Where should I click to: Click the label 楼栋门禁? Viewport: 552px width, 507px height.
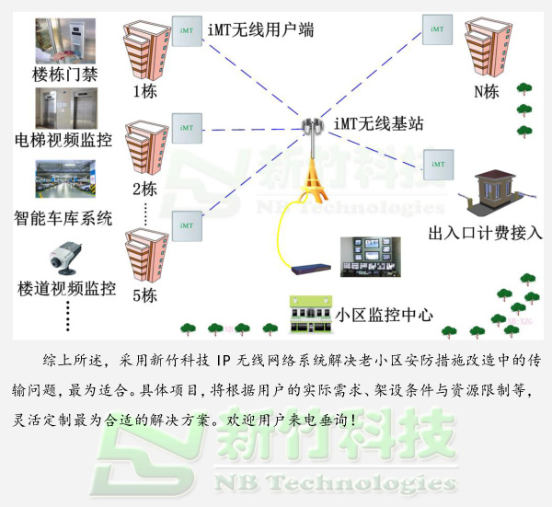point(64,74)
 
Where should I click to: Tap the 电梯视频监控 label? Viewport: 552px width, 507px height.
point(64,141)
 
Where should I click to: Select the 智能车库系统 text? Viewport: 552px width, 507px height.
point(63,218)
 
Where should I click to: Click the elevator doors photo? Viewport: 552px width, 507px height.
point(65,108)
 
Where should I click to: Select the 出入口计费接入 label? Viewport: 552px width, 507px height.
point(486,234)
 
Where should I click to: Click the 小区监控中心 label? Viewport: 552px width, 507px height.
point(385,314)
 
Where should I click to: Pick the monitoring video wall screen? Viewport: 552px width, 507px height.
point(371,256)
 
